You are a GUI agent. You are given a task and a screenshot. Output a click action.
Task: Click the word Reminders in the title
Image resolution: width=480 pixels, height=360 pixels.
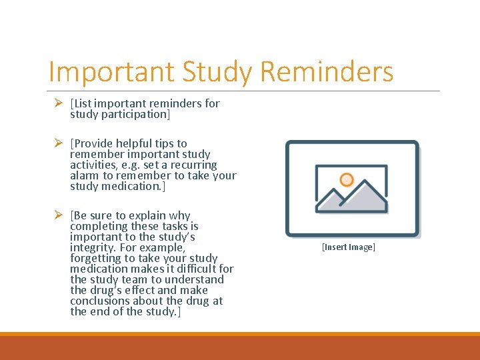pyautogui.click(x=327, y=72)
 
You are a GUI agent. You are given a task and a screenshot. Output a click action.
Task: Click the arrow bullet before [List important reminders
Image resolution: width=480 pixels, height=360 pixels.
pyautogui.click(x=58, y=103)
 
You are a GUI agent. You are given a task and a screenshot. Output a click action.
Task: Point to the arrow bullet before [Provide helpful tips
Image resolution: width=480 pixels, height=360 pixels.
pyautogui.click(x=58, y=143)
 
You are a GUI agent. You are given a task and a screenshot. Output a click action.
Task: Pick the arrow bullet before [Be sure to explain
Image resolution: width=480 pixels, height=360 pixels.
pyautogui.click(x=58, y=215)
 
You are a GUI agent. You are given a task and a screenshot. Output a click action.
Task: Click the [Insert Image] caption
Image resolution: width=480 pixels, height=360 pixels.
pyautogui.click(x=349, y=247)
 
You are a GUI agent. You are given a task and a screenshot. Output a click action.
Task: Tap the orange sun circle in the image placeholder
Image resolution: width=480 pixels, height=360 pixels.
pyautogui.click(x=346, y=179)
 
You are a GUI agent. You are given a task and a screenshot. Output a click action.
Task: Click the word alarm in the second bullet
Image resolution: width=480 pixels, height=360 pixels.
pyautogui.click(x=85, y=175)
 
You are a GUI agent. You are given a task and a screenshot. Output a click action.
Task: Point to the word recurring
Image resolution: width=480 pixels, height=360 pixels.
pyautogui.click(x=193, y=165)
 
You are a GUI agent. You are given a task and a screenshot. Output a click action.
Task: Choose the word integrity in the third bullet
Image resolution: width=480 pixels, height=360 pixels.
pyautogui.click(x=93, y=247)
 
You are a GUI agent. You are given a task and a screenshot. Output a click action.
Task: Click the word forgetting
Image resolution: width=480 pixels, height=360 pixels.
pyautogui.click(x=98, y=258)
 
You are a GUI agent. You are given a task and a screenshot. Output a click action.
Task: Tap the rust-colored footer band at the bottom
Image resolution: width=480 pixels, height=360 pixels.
pyautogui.click(x=240, y=348)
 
